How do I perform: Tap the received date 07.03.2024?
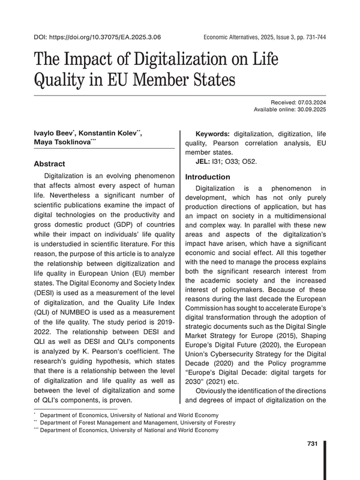(x=310, y=103)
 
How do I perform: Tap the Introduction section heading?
(x=208, y=177)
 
